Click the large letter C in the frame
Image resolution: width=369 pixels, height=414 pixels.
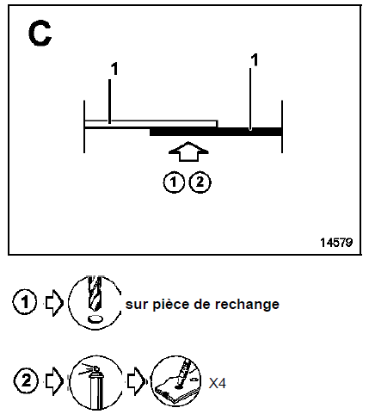click(40, 34)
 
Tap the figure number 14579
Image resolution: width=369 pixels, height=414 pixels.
click(336, 243)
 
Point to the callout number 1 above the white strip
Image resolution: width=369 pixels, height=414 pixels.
click(114, 69)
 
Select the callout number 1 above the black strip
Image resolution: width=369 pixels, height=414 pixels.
click(254, 60)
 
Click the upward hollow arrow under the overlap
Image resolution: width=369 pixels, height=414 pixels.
click(188, 151)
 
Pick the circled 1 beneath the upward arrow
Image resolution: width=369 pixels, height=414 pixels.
click(174, 182)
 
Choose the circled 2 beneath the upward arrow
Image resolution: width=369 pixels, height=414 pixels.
click(200, 182)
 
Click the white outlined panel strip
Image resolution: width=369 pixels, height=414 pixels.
click(151, 124)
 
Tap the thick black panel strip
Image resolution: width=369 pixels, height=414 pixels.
click(216, 132)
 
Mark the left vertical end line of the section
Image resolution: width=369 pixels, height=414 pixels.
click(84, 127)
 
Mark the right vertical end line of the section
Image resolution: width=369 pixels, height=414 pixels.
click(282, 127)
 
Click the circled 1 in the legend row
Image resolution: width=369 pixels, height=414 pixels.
click(25, 302)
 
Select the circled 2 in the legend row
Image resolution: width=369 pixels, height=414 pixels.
click(26, 381)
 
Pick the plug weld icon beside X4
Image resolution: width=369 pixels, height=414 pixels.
click(176, 381)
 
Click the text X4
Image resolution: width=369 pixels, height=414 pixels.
click(218, 383)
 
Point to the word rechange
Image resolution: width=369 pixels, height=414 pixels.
click(247, 305)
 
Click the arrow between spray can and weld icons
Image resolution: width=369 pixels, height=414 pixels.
click(137, 381)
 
